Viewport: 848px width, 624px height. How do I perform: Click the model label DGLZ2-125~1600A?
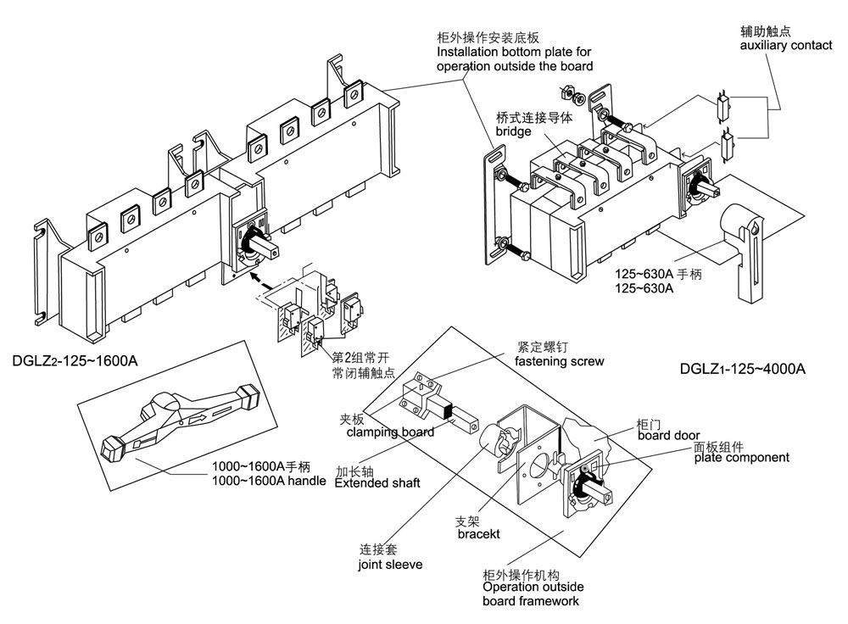pos(74,360)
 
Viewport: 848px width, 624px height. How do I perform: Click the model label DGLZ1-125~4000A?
pos(742,369)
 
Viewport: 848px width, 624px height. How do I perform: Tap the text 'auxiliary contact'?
pos(785,45)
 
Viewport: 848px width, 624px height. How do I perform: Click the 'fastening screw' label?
pos(560,361)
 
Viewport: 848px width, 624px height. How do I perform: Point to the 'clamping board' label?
pos(391,432)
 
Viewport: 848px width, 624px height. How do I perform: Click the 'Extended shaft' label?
pos(377,483)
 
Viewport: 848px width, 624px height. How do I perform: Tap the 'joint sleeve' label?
pos(390,564)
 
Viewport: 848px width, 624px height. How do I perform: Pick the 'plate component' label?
pos(740,458)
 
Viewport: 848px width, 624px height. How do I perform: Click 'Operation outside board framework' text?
pos(532,593)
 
